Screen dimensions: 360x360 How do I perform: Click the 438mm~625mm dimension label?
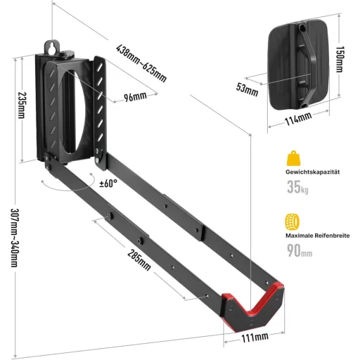(141, 63)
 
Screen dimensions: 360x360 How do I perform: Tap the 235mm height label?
(22, 105)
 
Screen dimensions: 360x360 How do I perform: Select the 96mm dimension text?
(135, 96)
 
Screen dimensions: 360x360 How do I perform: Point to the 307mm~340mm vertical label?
(15, 238)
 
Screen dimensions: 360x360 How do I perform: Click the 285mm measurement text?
(139, 259)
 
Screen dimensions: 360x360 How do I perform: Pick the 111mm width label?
(255, 337)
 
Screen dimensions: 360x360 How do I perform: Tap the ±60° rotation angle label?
(108, 184)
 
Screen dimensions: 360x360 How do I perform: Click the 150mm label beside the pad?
(340, 59)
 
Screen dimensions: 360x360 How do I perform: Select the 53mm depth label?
(247, 89)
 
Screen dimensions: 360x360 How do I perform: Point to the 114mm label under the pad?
(298, 118)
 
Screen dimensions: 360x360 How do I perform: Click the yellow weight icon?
(293, 158)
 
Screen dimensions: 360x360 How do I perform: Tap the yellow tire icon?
(292, 221)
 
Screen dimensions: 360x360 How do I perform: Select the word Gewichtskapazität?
(312, 172)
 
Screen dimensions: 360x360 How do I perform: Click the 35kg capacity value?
(297, 187)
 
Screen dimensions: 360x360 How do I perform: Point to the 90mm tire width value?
(300, 250)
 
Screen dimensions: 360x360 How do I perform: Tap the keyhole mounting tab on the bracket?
(52, 47)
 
